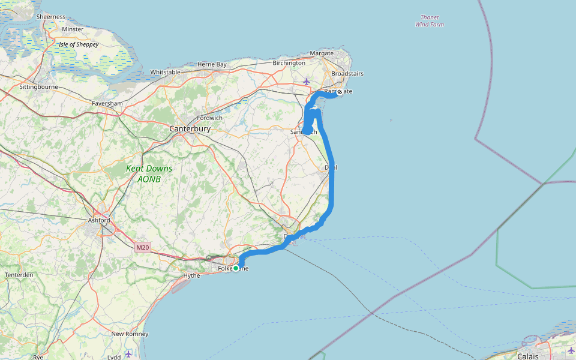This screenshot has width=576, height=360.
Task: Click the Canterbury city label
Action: (x=190, y=129)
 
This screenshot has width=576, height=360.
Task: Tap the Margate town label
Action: (x=321, y=53)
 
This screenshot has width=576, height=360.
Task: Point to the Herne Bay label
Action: (x=212, y=64)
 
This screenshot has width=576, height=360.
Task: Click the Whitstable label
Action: (x=165, y=72)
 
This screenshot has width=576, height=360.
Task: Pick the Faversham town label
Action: (x=107, y=103)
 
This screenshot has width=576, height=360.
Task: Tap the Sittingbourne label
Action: (x=38, y=87)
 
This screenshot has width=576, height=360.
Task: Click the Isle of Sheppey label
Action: (x=79, y=44)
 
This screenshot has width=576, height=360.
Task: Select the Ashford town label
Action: (x=98, y=220)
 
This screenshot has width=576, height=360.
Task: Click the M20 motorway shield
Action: (x=142, y=247)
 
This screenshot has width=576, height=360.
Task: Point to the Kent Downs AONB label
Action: (x=149, y=173)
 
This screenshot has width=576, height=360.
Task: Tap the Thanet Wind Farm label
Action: (x=430, y=21)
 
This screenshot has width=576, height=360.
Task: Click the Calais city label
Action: (x=528, y=356)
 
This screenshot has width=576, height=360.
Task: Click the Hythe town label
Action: (x=191, y=275)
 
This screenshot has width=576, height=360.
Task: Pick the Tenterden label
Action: (x=19, y=275)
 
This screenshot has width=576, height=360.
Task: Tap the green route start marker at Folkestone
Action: (x=236, y=268)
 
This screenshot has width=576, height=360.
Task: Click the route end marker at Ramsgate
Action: (x=340, y=92)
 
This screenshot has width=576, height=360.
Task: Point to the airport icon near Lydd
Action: (x=128, y=353)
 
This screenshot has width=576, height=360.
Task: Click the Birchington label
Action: (x=289, y=63)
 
